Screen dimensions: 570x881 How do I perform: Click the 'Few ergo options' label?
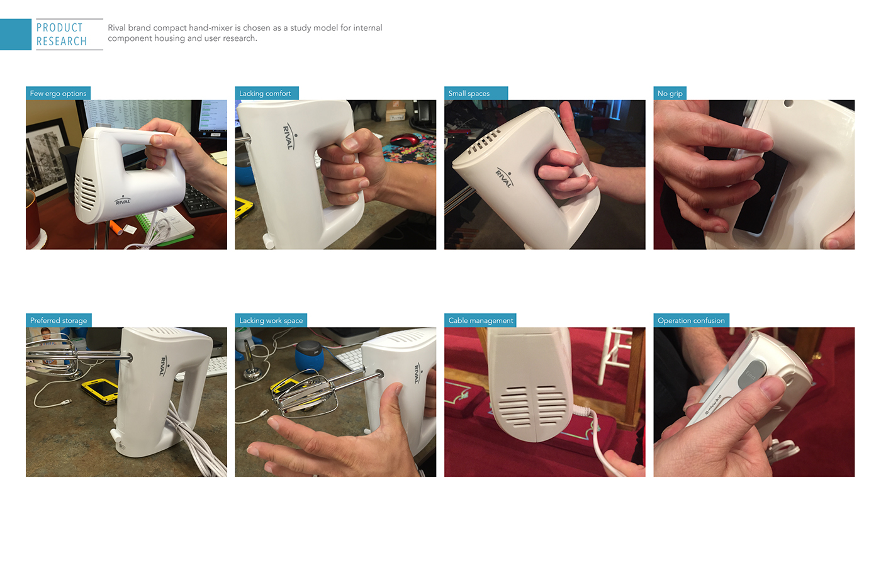pos(58,93)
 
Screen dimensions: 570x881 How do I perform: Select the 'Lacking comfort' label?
pos(265,93)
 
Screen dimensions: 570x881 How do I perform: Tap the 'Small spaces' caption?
pos(469,93)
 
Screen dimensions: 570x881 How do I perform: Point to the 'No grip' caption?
pos(670,93)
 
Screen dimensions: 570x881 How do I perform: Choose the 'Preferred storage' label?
pos(59,320)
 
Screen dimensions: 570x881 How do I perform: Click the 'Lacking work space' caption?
pos(271,320)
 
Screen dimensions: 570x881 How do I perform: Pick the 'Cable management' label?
pos(480,320)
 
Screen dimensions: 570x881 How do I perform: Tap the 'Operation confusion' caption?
pos(691,320)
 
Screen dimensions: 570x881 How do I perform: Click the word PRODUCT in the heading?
pos(60,28)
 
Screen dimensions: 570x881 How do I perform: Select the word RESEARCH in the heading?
pos(62,42)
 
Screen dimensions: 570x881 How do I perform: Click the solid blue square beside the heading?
pos(15,35)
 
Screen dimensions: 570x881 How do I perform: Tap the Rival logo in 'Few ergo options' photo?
pos(123,201)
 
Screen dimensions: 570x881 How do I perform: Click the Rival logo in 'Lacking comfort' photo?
pos(289,136)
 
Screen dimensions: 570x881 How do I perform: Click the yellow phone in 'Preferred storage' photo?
pos(100,389)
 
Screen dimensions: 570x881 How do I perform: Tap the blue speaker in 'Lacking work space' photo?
pos(309,356)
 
